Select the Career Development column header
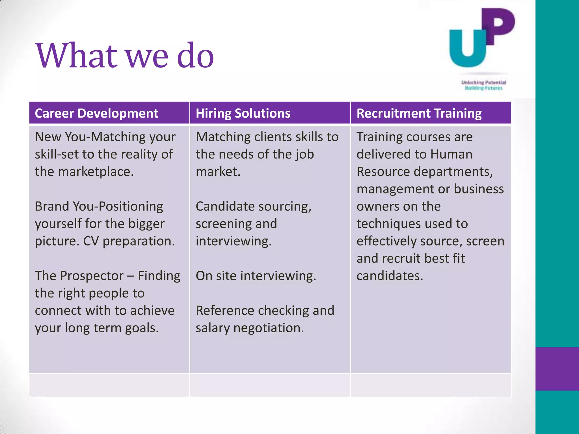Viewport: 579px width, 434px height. (96, 113)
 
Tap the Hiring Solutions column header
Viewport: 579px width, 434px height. (243, 113)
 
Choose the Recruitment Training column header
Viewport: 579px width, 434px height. (419, 113)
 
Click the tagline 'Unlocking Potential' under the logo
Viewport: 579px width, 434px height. (483, 83)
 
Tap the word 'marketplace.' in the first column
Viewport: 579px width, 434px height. (95, 172)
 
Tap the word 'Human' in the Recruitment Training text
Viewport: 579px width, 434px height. (451, 154)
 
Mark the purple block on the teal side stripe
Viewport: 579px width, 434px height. (557, 369)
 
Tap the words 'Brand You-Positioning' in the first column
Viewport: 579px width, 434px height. (99, 207)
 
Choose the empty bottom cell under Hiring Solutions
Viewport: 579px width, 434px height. (270, 385)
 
